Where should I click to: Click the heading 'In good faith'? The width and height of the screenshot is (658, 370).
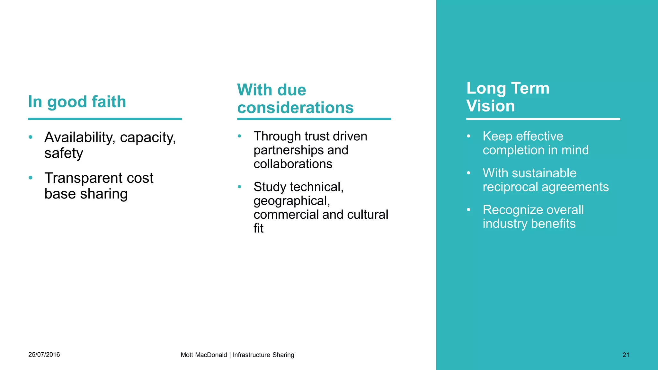click(77, 102)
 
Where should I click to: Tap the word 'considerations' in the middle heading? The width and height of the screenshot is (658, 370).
click(295, 108)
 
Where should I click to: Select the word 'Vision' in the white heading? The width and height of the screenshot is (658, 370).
click(490, 106)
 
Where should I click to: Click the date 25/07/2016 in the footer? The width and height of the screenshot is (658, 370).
click(44, 355)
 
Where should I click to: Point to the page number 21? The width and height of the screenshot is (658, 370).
click(626, 355)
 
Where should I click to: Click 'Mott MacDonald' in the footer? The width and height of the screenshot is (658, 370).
click(204, 355)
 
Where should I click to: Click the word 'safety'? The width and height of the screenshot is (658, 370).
click(64, 154)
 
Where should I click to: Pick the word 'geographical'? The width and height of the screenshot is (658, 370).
click(291, 201)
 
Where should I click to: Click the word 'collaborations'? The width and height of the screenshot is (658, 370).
click(293, 164)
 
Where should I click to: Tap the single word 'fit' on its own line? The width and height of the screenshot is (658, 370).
click(258, 228)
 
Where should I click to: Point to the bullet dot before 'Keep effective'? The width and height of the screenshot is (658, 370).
click(468, 136)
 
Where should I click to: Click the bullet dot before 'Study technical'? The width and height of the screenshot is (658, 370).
click(239, 187)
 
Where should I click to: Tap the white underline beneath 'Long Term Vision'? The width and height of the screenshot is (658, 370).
click(543, 119)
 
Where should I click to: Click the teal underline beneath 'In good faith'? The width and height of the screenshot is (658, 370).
click(105, 119)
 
